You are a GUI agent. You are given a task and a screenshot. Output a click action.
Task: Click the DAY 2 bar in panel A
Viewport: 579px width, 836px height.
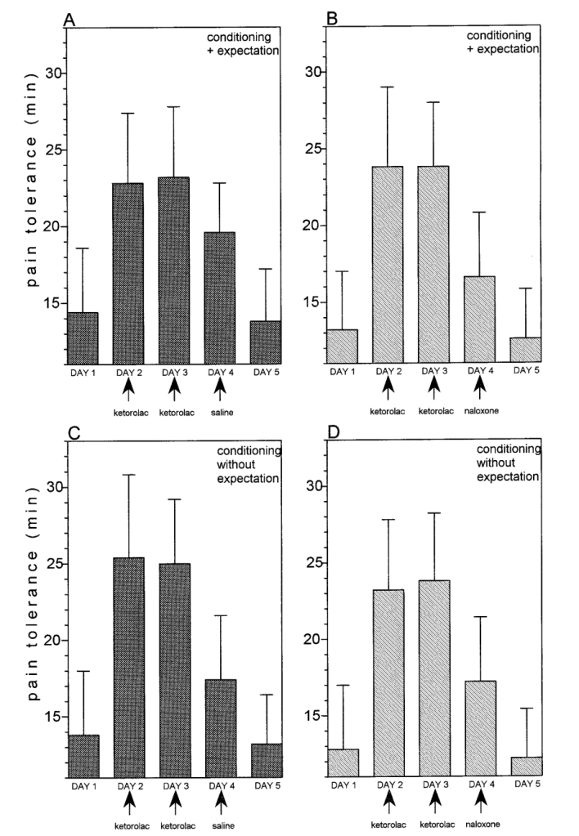coord(127,274)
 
